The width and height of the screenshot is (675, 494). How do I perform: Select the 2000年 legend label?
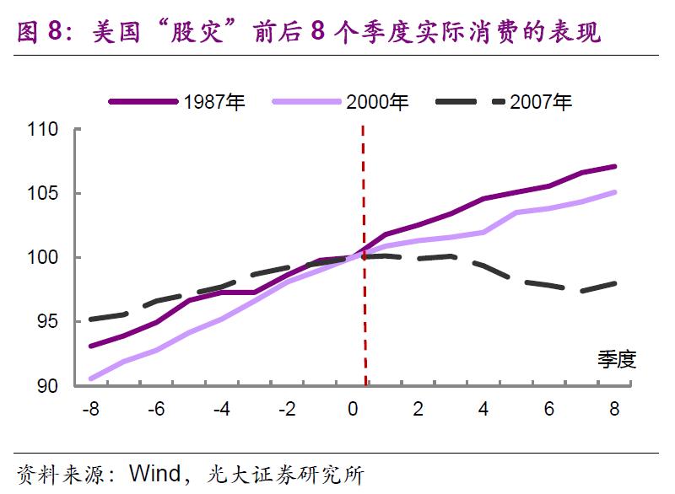coord(377,102)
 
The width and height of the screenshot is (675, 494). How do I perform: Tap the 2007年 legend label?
coord(541,102)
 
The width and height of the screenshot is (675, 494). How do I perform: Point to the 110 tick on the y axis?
coord(43,130)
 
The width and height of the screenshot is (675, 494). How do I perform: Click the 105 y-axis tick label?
coord(43,194)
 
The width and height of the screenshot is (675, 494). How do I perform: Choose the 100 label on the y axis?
coord(43,258)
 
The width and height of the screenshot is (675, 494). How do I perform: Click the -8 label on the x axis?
coord(89,410)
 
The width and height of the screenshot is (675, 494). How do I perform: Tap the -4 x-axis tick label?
coord(221,410)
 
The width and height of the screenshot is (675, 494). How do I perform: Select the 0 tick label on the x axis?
coord(353,410)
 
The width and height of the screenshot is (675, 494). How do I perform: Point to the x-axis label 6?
coord(549,410)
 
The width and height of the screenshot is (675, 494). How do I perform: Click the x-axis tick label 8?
coord(614,410)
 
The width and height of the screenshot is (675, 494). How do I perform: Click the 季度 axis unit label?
coord(616,360)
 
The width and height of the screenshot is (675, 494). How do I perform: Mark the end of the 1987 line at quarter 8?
coord(615,166)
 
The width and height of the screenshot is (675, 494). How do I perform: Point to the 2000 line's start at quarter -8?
coord(90,379)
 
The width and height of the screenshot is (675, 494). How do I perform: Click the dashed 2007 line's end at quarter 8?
coord(615,283)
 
